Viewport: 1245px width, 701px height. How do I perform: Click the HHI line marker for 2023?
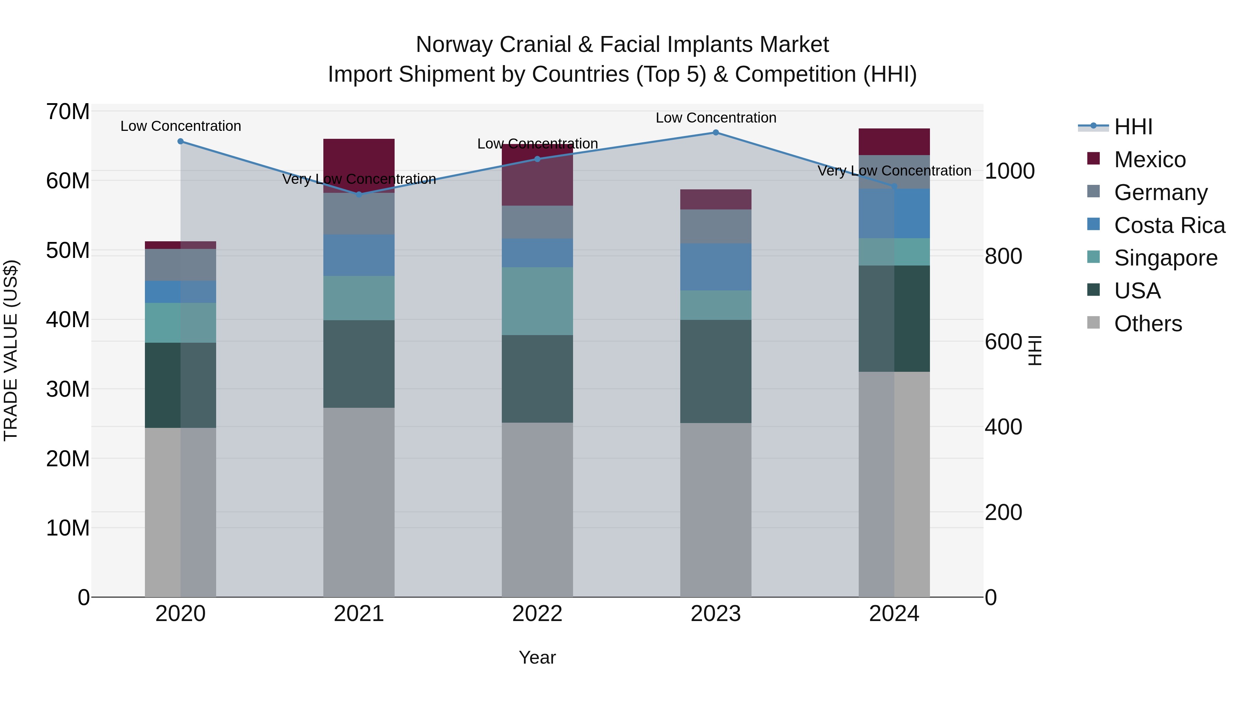coord(716,133)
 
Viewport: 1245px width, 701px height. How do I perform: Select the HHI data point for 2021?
coord(359,195)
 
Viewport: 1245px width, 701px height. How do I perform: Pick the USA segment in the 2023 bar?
coord(716,371)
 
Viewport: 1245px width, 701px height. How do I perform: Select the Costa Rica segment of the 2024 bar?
coord(894,213)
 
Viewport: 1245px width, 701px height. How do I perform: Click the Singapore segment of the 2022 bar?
coord(537,301)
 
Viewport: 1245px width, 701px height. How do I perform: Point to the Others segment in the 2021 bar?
coord(359,502)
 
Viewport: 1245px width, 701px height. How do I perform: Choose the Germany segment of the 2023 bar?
coord(716,226)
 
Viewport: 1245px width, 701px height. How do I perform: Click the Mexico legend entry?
coord(1149,160)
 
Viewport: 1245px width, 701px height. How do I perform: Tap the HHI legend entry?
coord(1133,127)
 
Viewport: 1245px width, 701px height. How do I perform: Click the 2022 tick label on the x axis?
coord(537,614)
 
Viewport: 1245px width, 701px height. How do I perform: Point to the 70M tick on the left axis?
coord(68,112)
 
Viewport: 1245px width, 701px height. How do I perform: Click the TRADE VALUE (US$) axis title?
coord(11,350)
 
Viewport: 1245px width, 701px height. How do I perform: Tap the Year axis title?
coord(537,657)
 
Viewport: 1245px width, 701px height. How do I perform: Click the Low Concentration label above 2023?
coord(716,118)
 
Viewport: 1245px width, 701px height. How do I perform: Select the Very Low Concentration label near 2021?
coord(359,179)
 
